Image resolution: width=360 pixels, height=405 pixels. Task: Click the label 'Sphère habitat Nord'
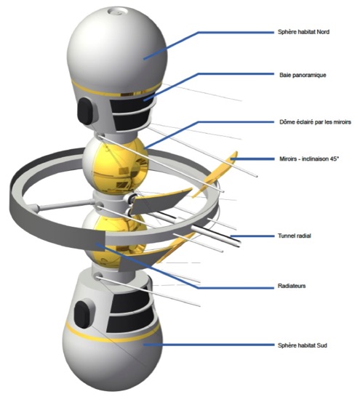(x=303, y=32)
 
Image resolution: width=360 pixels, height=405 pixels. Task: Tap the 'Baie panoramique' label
(x=303, y=75)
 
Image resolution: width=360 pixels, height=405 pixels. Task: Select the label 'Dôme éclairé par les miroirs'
(x=315, y=122)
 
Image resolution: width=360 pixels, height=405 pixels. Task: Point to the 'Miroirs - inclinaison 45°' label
(x=309, y=159)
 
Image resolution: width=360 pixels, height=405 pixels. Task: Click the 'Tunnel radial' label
(x=295, y=236)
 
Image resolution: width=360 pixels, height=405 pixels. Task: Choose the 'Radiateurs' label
(x=292, y=286)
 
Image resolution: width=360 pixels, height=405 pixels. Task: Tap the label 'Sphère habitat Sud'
(x=302, y=345)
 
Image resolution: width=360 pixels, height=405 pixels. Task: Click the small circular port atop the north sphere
(x=116, y=12)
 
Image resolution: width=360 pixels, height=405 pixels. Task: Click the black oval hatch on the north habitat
(x=85, y=111)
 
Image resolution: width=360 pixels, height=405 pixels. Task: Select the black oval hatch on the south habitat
(x=82, y=314)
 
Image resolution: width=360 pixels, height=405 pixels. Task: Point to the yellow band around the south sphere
(x=112, y=334)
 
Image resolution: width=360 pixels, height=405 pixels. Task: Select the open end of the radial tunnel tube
(x=239, y=243)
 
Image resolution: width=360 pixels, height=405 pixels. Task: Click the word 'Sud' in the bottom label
(x=321, y=345)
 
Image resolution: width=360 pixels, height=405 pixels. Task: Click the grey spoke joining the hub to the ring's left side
(x=65, y=204)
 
